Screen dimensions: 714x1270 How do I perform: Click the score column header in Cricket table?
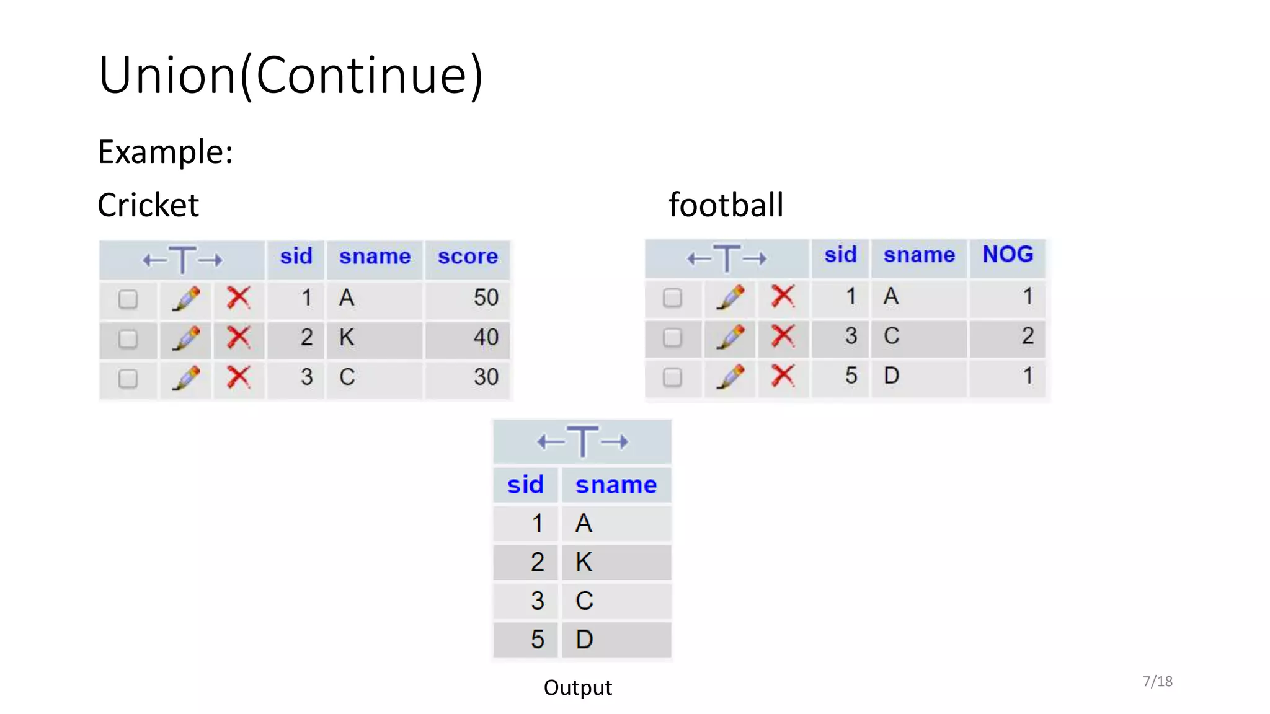(x=468, y=257)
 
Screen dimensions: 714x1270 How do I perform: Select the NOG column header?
(x=1008, y=255)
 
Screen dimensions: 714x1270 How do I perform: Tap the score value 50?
(x=486, y=298)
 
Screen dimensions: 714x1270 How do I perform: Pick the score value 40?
(x=486, y=338)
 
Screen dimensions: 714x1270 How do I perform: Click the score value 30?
(x=486, y=377)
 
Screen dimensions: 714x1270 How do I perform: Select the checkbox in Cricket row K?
(x=128, y=339)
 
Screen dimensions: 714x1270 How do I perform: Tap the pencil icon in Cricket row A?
(x=186, y=299)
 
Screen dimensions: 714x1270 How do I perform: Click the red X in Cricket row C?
(x=239, y=377)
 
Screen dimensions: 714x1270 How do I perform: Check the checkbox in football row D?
(x=672, y=377)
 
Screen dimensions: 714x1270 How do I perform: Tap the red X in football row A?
(x=783, y=297)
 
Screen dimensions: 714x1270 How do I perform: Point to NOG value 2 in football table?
(x=1027, y=336)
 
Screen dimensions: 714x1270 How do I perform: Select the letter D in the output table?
(x=584, y=640)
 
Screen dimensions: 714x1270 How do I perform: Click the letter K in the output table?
(x=584, y=562)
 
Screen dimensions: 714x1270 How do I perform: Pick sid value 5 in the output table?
(x=537, y=640)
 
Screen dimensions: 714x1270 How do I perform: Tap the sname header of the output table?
(x=616, y=485)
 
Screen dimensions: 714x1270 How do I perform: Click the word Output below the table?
(x=577, y=688)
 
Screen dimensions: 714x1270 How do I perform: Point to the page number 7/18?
(x=1157, y=682)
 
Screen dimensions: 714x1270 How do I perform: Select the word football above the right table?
(x=726, y=205)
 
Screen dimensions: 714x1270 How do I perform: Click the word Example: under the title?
(x=166, y=152)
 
